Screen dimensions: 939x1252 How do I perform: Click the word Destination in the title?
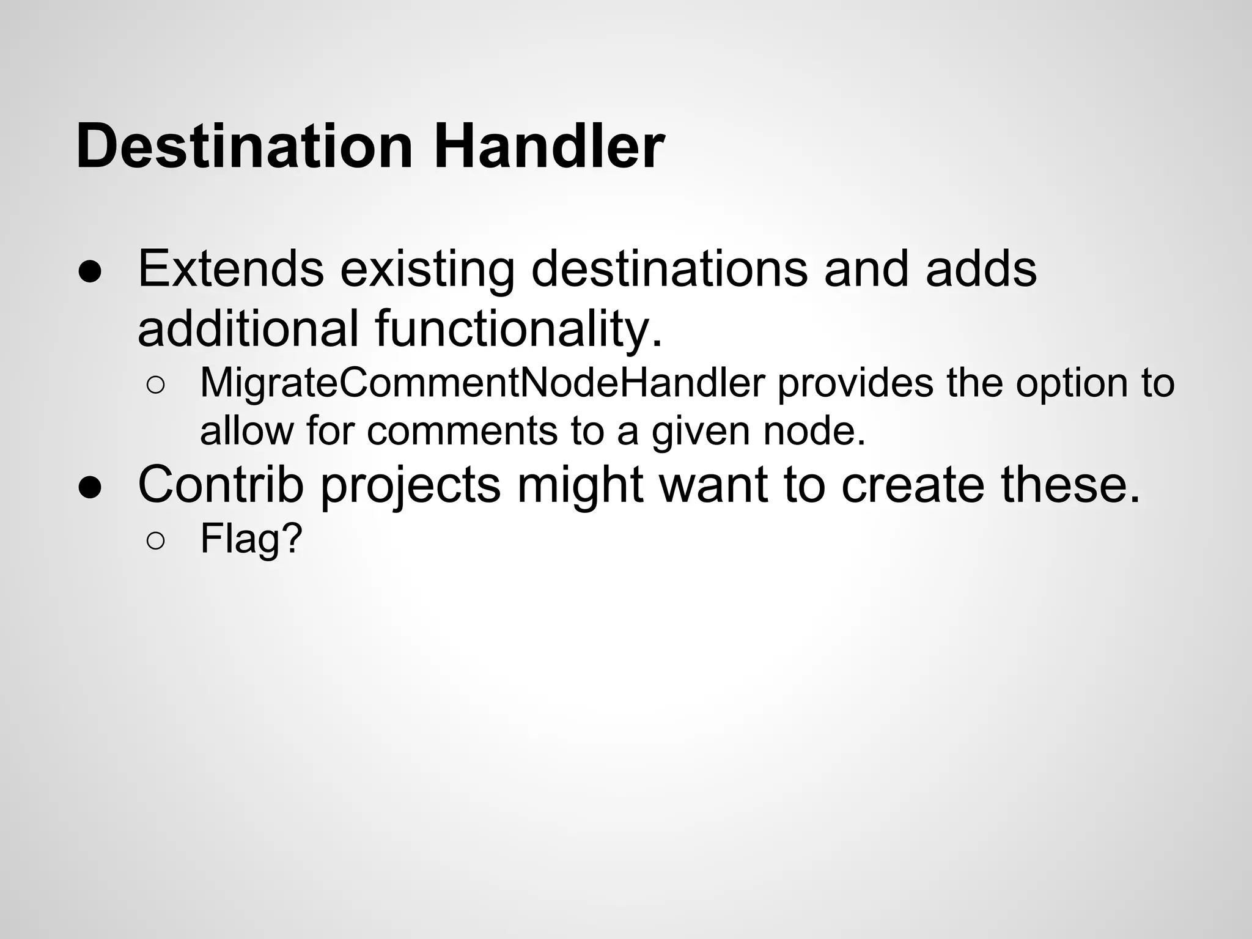pos(245,147)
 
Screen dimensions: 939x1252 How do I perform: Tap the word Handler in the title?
pos(548,147)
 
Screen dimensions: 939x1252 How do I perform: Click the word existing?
pos(427,270)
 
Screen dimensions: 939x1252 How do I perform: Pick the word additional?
pos(248,329)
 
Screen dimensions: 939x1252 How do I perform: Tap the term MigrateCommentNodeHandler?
pos(482,384)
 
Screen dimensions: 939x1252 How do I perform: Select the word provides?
pos(855,384)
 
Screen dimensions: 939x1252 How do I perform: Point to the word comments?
pos(462,432)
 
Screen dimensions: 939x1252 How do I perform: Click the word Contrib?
pos(221,484)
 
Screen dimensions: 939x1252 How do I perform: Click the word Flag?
pos(251,539)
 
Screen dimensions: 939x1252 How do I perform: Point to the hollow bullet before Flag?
pos(155,541)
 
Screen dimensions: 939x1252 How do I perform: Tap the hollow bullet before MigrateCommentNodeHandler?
pos(155,386)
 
